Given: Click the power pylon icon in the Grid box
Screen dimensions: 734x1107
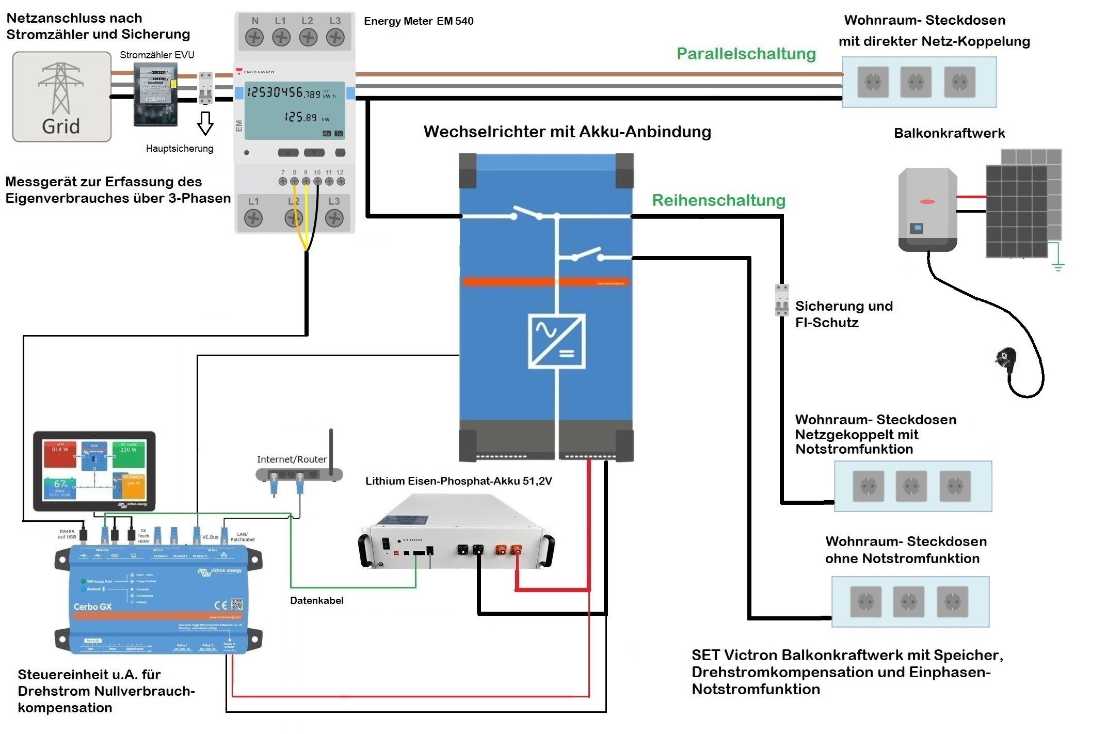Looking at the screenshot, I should (x=61, y=88).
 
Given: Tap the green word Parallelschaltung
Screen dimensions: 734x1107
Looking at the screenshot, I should (x=746, y=54).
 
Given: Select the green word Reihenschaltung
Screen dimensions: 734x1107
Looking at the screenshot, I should (x=718, y=200).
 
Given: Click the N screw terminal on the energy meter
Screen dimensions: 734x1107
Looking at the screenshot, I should (x=254, y=37).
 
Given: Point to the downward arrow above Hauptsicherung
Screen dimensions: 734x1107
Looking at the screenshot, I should (x=205, y=123).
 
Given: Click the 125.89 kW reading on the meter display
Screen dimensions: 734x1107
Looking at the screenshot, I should (x=301, y=118).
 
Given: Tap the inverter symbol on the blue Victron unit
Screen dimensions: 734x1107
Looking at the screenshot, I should (x=556, y=341).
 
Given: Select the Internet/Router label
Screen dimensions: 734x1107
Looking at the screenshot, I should (x=292, y=459).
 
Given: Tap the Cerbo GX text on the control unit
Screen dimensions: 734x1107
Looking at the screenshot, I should (x=92, y=607).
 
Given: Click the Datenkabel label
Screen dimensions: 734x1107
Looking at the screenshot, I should (x=316, y=600).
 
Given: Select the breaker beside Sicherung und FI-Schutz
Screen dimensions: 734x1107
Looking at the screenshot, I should (x=782, y=300).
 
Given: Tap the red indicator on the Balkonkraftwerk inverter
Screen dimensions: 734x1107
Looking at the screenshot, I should (x=927, y=201).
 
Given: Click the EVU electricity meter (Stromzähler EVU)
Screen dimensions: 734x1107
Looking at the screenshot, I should (x=155, y=94).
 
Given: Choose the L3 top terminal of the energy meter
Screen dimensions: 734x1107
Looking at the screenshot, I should (x=335, y=37).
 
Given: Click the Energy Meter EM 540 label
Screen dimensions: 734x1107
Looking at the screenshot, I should (x=419, y=21).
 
